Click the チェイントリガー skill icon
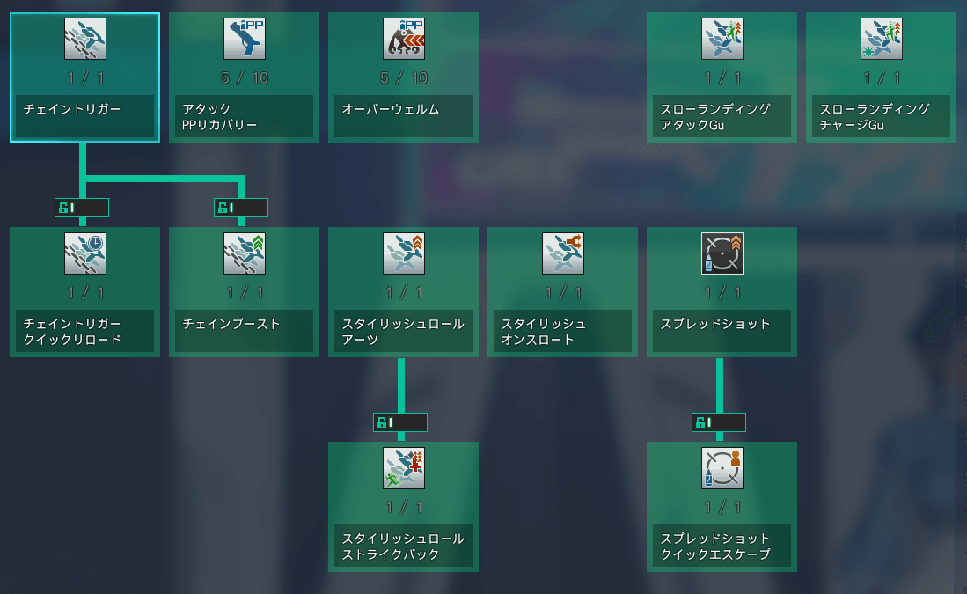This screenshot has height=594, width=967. tap(85, 39)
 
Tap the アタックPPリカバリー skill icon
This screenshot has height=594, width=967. tap(245, 39)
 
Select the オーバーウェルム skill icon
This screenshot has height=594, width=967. tap(404, 39)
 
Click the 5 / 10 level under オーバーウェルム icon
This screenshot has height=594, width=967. tap(404, 78)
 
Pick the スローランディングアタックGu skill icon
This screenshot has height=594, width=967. tap(722, 39)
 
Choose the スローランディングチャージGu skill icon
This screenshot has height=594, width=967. tap(882, 39)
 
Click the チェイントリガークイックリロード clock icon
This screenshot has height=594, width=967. tap(85, 253)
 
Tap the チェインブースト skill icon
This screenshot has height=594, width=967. tap(245, 253)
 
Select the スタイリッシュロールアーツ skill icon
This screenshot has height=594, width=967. tap(404, 253)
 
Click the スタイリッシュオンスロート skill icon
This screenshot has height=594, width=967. tap(563, 253)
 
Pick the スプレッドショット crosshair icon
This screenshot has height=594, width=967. tap(722, 253)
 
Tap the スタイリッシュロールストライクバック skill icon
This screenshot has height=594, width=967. tap(404, 468)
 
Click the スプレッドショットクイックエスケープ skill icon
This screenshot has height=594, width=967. tap(722, 468)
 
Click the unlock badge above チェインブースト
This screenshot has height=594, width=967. tap(241, 208)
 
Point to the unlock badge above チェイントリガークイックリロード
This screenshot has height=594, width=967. tap(82, 208)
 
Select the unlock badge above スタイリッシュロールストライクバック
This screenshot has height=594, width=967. tap(400, 422)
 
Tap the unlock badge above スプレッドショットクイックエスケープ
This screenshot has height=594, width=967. tap(719, 422)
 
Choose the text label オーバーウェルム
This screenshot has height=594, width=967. tap(391, 109)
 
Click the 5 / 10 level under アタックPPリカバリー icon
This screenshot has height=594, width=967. tap(245, 78)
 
